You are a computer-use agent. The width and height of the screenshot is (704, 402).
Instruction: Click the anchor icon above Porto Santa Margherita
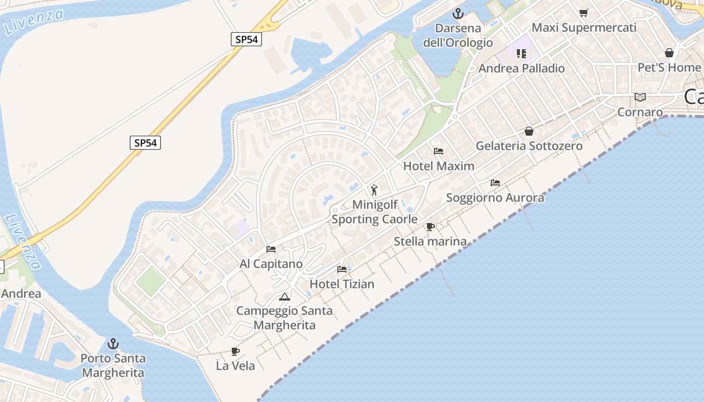[113, 344]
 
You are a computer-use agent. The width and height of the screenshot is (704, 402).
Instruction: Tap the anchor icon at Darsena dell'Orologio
[458, 14]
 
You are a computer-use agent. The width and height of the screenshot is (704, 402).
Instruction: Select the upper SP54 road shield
[246, 39]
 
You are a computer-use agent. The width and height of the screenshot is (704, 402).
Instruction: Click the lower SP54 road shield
[146, 143]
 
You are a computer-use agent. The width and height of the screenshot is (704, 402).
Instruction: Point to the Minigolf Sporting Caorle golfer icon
[374, 190]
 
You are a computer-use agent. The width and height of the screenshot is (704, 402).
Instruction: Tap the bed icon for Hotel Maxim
[438, 151]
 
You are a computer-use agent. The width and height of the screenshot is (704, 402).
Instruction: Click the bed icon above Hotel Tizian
[342, 269]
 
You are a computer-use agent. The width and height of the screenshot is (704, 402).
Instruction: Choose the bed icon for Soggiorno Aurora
[495, 183]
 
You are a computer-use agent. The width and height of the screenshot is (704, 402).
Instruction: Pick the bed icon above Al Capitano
[271, 249]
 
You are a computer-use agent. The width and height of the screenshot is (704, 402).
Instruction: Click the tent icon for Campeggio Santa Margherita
[285, 296]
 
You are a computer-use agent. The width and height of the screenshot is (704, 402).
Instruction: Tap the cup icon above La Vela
[235, 351]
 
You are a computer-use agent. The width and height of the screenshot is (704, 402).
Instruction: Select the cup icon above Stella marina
[430, 227]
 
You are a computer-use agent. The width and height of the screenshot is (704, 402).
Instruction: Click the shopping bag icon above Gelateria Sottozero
[529, 131]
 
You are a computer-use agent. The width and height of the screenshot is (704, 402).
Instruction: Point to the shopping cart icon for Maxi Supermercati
[583, 13]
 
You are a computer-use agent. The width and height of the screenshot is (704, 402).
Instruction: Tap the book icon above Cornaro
[640, 97]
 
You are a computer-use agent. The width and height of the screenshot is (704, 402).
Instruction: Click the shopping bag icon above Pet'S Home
[669, 52]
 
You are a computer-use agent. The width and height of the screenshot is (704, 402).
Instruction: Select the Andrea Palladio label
[521, 68]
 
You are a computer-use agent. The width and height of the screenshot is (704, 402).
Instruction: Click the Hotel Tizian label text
[342, 284]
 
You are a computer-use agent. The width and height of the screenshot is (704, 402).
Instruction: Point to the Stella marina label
[430, 242]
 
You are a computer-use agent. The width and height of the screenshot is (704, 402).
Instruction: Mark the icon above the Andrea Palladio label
[521, 53]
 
